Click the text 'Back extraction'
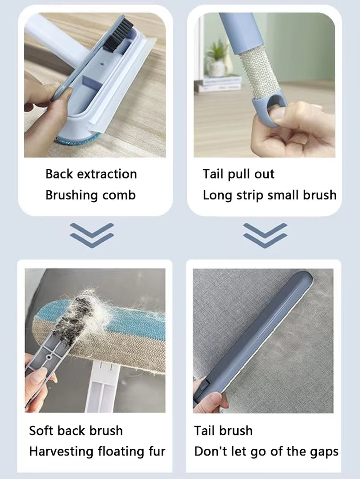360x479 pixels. coord(91,174)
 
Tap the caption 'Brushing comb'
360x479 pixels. coord(90,195)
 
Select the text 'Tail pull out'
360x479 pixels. coord(238,174)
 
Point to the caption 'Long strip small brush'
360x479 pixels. coord(269,195)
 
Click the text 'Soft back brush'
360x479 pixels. coord(76,430)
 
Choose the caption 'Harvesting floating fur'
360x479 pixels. coord(97,451)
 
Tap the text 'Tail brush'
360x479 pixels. coord(223,430)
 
